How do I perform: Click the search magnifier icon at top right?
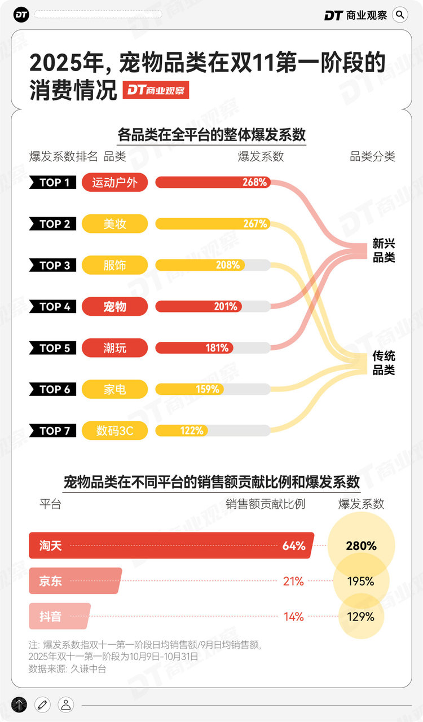point(400,15)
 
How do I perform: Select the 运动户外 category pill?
point(114,183)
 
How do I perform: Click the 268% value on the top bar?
point(255,183)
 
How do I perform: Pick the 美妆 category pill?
point(114,224)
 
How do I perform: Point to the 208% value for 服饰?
point(227,265)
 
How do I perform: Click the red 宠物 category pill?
point(114,307)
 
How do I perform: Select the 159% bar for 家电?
point(190,389)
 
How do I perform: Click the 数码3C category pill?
point(114,431)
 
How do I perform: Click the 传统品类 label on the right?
point(384,363)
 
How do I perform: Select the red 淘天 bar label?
point(50,546)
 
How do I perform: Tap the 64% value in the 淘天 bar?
point(294,546)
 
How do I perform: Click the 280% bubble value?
point(361,546)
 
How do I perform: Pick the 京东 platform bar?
point(74,581)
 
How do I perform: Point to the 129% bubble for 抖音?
point(361,617)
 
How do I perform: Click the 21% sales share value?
point(293,581)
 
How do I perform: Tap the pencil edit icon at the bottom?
point(42,704)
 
